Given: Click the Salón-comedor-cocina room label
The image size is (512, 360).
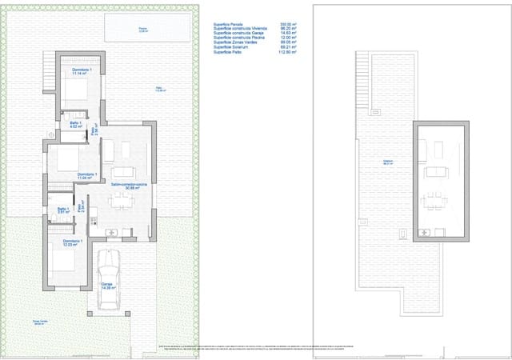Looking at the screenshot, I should (x=129, y=186).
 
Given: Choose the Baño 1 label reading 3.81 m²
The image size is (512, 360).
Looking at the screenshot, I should (x=63, y=211).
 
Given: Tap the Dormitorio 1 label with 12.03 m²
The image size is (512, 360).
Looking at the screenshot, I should (x=73, y=242).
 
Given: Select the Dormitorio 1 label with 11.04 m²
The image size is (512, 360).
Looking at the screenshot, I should (x=87, y=176).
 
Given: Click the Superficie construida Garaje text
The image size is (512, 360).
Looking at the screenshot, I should (x=241, y=34).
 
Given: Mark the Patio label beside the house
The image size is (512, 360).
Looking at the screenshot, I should (x=159, y=90).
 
